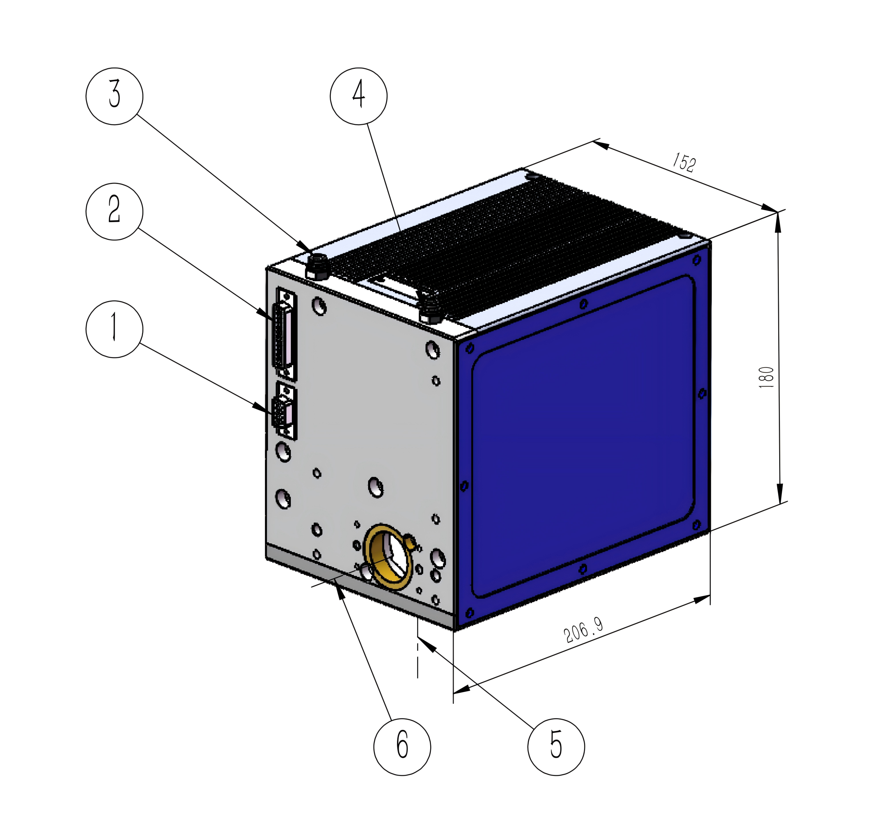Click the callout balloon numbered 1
[x=114, y=329]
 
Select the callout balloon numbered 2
[x=114, y=211]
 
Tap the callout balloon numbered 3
[x=114, y=96]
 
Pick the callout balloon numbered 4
[x=359, y=96]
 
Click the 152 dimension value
[x=684, y=162]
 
